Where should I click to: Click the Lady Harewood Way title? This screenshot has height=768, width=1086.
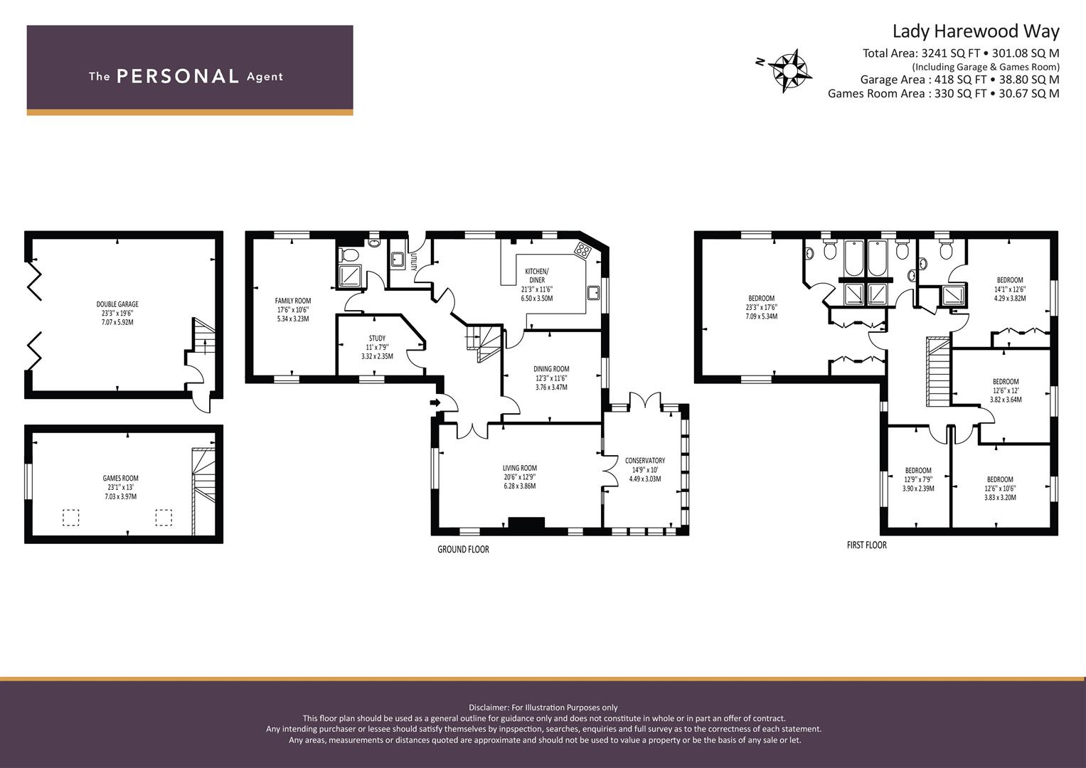tap(976, 31)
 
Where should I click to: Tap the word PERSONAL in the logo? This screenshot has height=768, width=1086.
tap(178, 76)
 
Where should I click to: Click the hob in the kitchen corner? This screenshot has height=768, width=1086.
tap(582, 249)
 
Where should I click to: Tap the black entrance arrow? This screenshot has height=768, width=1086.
tap(435, 402)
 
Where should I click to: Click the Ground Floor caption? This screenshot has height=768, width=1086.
tap(463, 549)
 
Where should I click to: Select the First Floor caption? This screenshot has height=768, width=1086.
tap(866, 545)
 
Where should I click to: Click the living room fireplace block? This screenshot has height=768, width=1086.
tap(526, 522)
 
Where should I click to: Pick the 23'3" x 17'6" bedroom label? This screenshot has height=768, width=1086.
tap(761, 307)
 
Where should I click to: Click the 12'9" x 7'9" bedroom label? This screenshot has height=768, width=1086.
tap(918, 479)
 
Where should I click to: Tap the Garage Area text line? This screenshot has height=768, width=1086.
tap(959, 80)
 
